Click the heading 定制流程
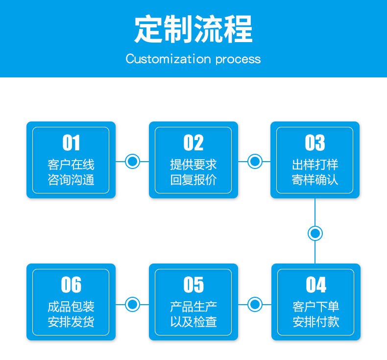pos(193,28)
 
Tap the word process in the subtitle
pos(238,60)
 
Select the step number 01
pos(71,143)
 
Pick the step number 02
pos(193,143)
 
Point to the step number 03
pos(315,143)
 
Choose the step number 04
pos(316,285)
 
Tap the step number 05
pos(193,285)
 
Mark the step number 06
pos(71,285)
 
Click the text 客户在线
pos(71,165)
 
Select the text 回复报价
pos(193,180)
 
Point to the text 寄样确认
pos(315,180)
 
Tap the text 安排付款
pos(316,322)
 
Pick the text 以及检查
pos(193,322)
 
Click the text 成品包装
pos(71,307)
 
